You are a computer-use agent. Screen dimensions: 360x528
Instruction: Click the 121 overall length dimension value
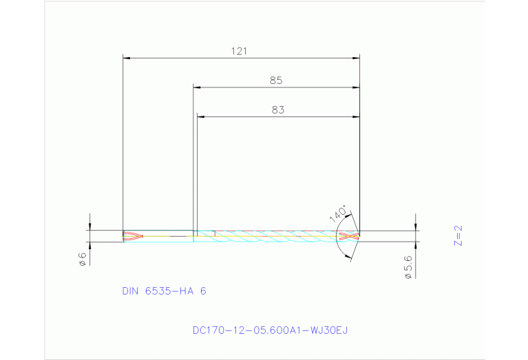click(240, 51)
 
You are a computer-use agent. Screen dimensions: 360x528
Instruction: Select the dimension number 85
click(276, 81)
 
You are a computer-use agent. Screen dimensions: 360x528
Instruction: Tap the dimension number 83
click(277, 109)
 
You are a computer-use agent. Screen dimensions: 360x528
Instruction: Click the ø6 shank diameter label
click(82, 259)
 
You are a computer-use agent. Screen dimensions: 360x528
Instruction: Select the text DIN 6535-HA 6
click(164, 291)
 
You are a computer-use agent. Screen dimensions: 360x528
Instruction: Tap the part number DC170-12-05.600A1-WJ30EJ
click(270, 330)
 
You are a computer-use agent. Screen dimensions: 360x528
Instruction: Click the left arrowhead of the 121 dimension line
click(125, 58)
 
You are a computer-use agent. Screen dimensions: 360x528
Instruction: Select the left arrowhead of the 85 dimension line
click(196, 87)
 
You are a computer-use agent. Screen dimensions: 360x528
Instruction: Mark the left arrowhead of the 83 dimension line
click(200, 116)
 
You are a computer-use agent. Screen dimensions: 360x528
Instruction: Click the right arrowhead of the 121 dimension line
click(357, 58)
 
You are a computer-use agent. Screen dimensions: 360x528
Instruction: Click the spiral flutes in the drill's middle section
click(275, 236)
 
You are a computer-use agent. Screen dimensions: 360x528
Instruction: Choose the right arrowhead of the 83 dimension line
click(357, 116)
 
